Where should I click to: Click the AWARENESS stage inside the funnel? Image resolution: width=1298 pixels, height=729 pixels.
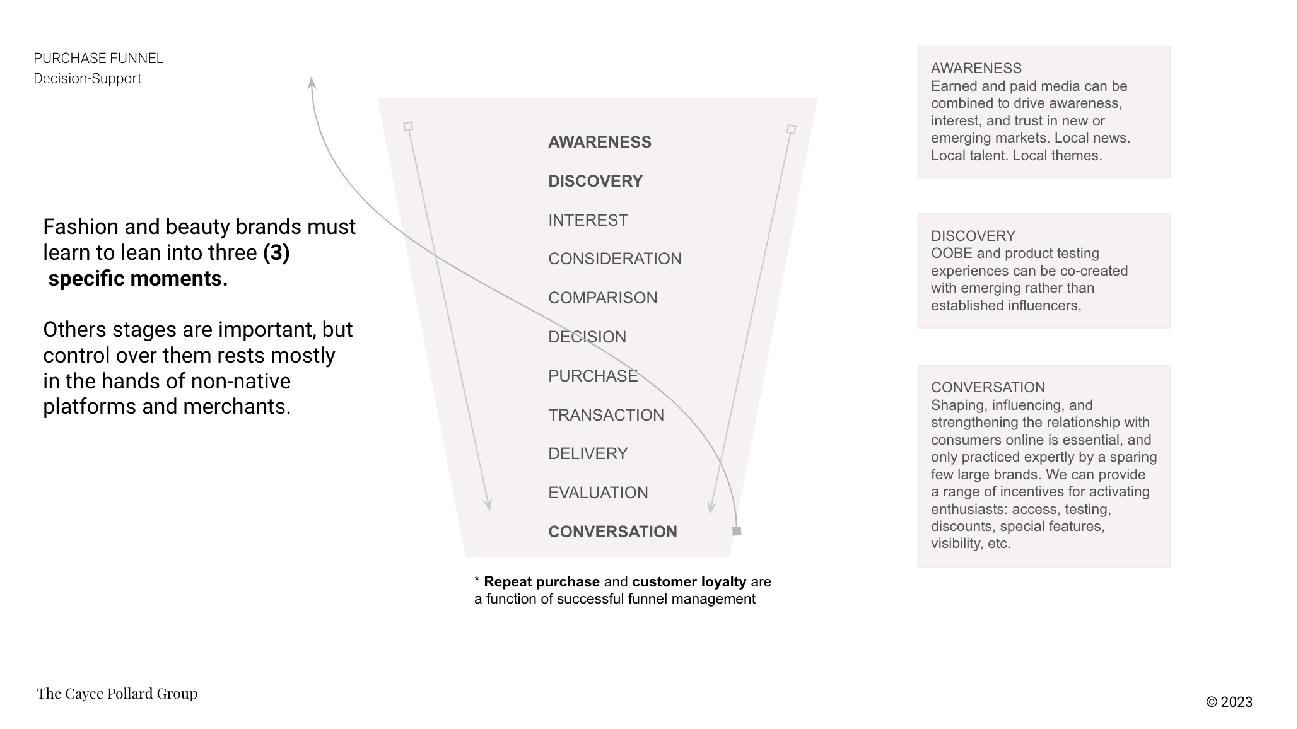599,142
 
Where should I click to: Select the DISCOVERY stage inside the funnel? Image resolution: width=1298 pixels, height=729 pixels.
595,181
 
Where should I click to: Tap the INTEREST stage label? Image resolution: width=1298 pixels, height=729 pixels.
588,220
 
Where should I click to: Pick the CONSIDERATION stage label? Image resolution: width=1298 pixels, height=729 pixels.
614,259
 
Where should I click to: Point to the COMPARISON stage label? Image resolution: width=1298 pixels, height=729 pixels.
602,298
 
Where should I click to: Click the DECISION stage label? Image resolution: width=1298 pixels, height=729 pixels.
587,337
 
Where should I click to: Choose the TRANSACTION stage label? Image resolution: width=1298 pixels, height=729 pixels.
605,415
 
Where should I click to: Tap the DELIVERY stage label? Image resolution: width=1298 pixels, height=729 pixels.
587,453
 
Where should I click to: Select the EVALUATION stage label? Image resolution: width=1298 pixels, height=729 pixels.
597,493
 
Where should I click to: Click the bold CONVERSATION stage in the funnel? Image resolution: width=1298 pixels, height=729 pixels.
612,532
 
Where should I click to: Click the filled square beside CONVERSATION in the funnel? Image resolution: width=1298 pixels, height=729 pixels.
737,531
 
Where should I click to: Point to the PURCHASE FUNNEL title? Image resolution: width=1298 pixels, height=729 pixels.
98,59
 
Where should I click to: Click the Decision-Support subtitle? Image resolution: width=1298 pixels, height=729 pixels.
87,79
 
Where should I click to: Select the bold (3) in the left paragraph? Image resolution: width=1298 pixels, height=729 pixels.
276,252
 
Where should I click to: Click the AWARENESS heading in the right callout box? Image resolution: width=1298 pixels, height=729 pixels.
976,68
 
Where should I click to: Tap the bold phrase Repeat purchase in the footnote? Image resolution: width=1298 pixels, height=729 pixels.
541,581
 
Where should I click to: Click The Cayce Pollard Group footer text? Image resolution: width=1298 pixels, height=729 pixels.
117,694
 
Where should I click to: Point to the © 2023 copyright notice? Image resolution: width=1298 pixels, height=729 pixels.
1229,702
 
